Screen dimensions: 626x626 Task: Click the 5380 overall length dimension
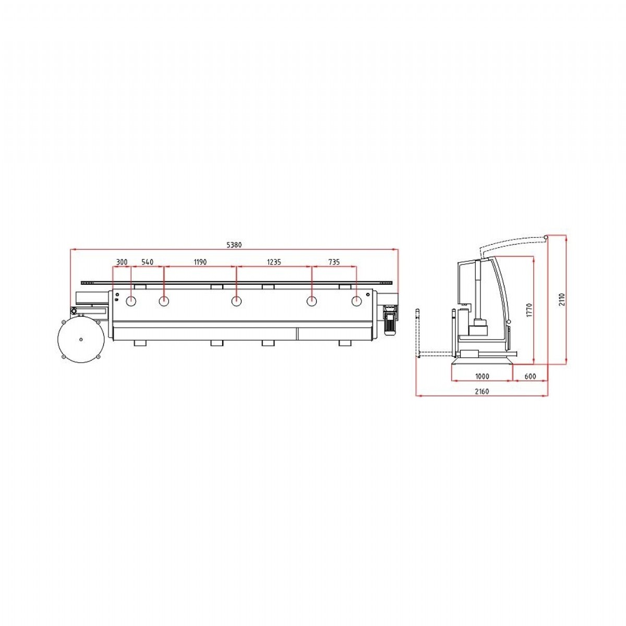coord(234,245)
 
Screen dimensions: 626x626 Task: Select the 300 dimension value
coord(122,262)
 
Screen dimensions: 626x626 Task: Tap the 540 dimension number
coord(147,262)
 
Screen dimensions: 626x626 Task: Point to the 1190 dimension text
coord(200,262)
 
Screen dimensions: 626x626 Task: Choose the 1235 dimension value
coord(274,262)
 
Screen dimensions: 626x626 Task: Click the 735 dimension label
coord(334,262)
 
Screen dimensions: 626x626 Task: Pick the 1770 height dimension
coord(529,310)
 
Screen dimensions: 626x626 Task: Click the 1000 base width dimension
coord(482,377)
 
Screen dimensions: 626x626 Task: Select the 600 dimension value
coord(530,377)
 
